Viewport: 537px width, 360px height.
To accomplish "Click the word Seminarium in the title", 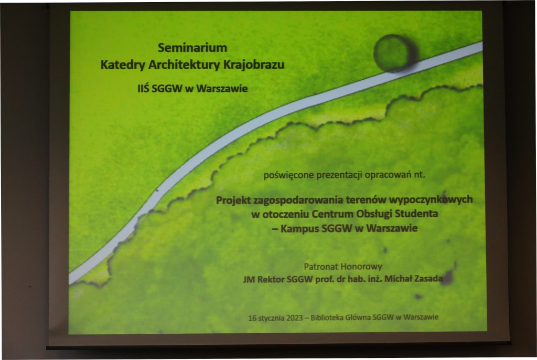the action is point(192,48).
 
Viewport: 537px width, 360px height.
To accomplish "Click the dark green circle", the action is point(395,53).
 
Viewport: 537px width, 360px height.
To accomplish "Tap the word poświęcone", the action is point(288,175).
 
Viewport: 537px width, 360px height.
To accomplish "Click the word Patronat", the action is point(318,267).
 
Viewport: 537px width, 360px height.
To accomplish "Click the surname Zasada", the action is point(428,279).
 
